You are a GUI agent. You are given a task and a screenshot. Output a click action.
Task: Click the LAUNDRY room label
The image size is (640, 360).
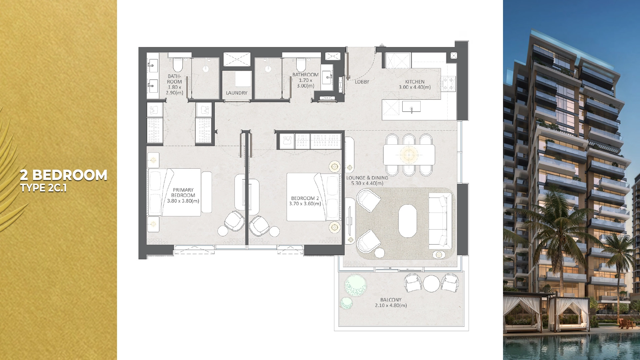click(x=236, y=93)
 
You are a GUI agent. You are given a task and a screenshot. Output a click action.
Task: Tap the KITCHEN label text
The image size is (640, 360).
click(x=415, y=82)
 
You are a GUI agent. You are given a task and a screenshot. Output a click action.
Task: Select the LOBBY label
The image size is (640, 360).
click(x=362, y=82)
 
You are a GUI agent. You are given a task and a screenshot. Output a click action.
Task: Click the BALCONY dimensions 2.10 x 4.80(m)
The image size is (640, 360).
click(x=391, y=305)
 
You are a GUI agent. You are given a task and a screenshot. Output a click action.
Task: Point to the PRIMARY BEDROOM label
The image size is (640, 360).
click(x=183, y=193)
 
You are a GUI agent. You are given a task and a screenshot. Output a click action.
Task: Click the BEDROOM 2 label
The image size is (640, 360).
click(x=305, y=198)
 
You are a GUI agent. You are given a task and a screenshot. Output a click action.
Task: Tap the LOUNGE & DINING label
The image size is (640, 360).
click(x=367, y=178)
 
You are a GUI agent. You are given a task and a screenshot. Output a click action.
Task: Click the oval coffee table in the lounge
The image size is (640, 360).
click(x=407, y=221)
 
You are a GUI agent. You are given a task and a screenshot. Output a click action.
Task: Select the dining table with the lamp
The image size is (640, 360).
click(x=409, y=155)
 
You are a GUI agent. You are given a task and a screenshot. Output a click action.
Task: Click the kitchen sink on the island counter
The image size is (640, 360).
click(x=411, y=107)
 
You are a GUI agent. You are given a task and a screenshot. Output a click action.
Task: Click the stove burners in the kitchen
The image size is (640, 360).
click(x=448, y=84)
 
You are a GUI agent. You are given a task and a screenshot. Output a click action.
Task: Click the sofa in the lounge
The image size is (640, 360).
click(x=439, y=221)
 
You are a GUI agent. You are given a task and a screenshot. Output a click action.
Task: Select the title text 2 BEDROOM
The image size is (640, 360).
click(x=63, y=175)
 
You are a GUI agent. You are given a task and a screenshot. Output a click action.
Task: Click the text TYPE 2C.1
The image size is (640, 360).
click(x=43, y=188)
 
